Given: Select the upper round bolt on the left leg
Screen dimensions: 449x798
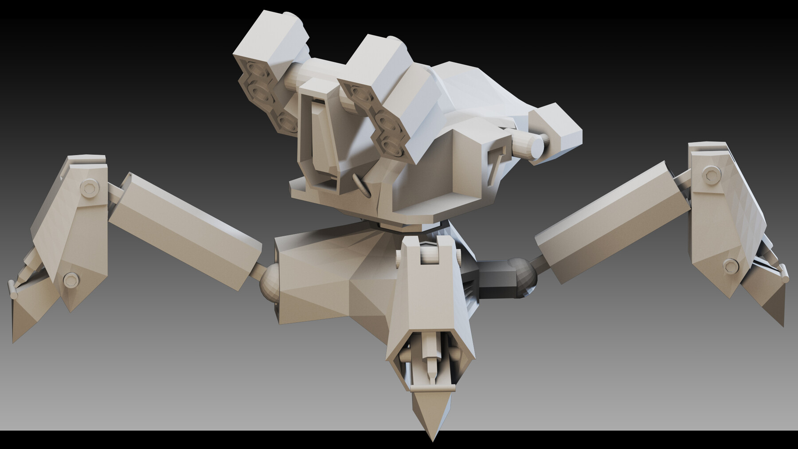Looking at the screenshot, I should pyautogui.click(x=90, y=189).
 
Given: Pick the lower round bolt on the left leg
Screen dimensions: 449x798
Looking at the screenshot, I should pyautogui.click(x=70, y=280).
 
